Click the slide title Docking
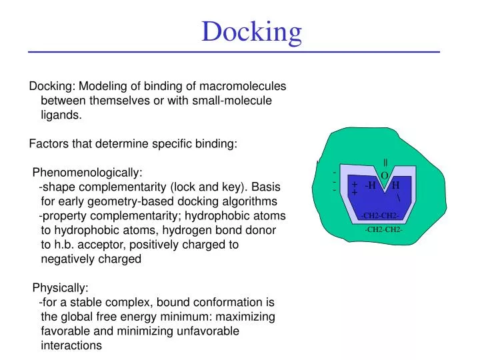[251, 31]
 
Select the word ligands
[61, 115]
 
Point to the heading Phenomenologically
[87, 173]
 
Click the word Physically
[60, 288]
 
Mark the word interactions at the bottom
[71, 345]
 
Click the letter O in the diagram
[385, 175]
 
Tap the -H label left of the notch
[370, 185]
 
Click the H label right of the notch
[395, 185]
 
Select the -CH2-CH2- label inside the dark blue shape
[379, 215]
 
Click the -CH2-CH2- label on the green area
[384, 229]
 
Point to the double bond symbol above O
[385, 163]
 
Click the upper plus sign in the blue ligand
[355, 185]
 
